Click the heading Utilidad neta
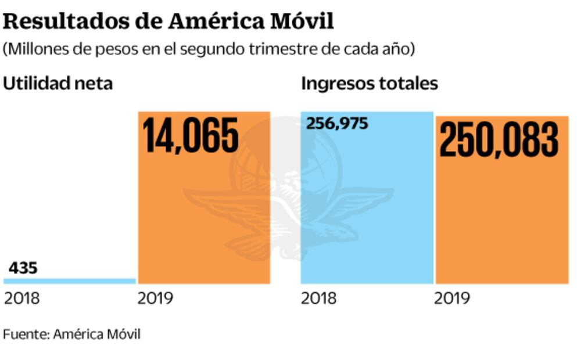coord(58,84)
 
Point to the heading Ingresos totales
coord(369,84)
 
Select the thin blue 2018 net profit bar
coord(70,281)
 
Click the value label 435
coord(23,268)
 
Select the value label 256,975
coord(337,124)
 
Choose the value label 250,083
coord(499,139)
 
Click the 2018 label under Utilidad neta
coord(21,298)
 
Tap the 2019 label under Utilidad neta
coord(155,298)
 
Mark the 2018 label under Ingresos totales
coord(318,298)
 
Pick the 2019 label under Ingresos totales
coord(452,298)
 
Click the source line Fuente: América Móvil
coord(71,334)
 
